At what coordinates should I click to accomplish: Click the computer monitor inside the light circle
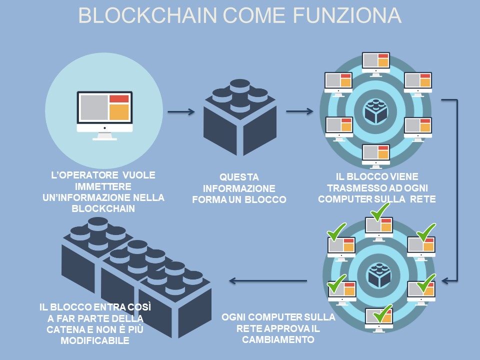pos(104,111)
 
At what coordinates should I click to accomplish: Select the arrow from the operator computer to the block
pos(181,111)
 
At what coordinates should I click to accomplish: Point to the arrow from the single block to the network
pos(299,111)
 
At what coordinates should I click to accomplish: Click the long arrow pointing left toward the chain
pos(268,280)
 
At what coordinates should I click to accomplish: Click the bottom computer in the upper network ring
pos(376,155)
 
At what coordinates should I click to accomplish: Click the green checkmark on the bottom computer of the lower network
pos(382,315)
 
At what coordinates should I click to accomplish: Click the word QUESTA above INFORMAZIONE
pos(239,177)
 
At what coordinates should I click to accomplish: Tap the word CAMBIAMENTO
pos(278,339)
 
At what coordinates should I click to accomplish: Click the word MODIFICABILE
pos(95,340)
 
